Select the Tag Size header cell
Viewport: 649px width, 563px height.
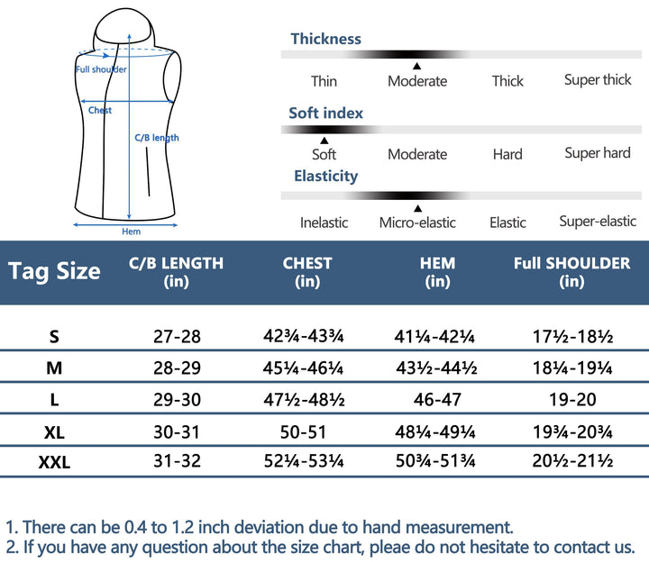54,270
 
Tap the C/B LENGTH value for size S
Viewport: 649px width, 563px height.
177,337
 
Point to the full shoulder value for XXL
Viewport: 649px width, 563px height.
572,462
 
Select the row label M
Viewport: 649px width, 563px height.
54,368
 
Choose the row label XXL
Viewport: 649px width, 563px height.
54,463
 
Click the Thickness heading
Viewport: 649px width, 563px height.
325,39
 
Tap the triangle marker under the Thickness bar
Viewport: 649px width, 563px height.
416,66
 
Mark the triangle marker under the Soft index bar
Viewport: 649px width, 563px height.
324,140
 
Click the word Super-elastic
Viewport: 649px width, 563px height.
598,222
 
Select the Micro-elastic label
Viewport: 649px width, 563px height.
417,222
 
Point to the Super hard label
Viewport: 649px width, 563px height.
598,153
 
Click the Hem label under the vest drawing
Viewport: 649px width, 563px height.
131,232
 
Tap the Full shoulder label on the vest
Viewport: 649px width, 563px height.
101,69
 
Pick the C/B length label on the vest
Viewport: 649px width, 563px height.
157,138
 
